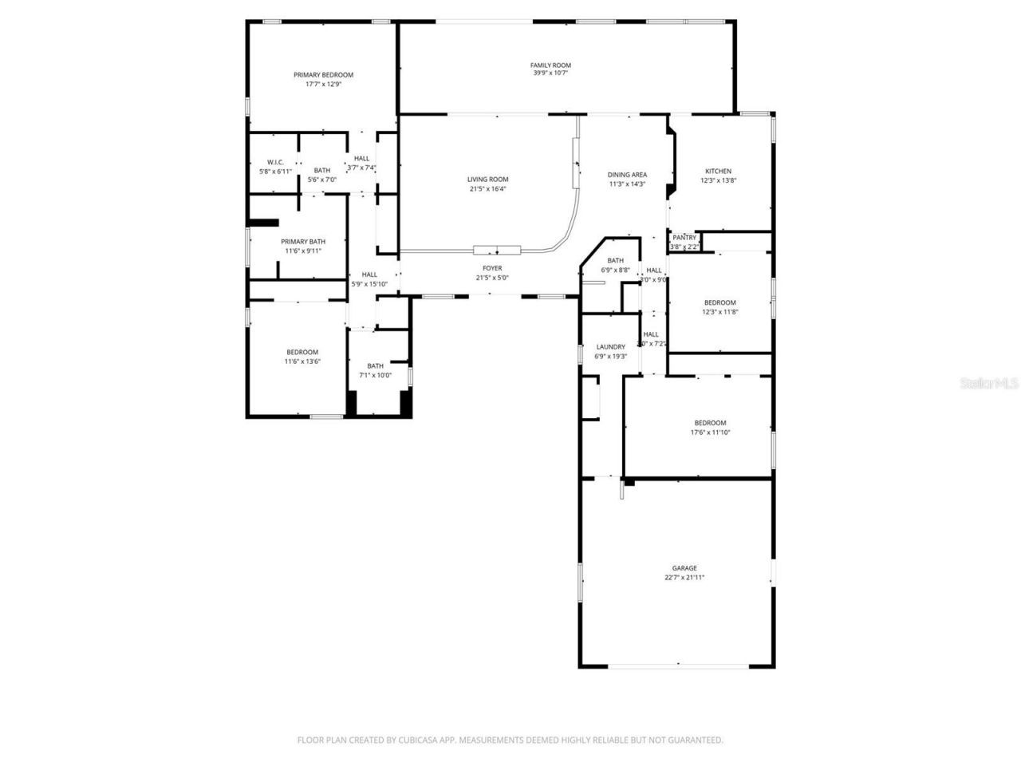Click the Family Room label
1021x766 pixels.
[x=550, y=65]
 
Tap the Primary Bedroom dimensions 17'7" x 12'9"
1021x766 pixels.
[x=323, y=84]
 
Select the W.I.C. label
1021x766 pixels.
[x=275, y=162]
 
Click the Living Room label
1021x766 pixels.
[x=487, y=180]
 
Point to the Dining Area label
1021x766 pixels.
[x=627, y=175]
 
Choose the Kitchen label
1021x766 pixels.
[x=718, y=171]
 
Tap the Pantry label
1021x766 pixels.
[x=684, y=238]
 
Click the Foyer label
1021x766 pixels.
[x=492, y=268]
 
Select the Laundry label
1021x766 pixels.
[x=610, y=346]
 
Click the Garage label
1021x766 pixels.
[x=684, y=568]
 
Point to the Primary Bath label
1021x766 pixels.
[x=303, y=242]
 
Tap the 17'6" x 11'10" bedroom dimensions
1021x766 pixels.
[x=710, y=432]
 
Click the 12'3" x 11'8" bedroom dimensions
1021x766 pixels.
[x=719, y=312]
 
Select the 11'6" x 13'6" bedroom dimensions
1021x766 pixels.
[x=302, y=361]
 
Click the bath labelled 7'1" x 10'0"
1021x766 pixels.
[x=375, y=366]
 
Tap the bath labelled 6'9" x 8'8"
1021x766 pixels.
[x=615, y=260]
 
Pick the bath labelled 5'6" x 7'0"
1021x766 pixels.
[x=321, y=170]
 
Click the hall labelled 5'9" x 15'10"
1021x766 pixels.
[x=369, y=274]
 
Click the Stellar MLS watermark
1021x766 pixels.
[x=989, y=383]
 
